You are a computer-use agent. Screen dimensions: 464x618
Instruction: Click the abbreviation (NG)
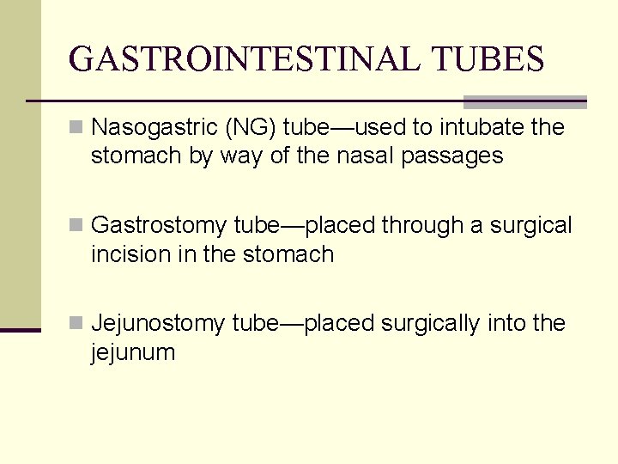click(250, 128)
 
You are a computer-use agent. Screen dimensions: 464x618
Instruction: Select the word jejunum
click(133, 352)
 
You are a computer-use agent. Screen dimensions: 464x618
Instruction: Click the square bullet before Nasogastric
click(76, 129)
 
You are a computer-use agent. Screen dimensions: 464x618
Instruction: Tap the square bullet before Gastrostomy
click(76, 227)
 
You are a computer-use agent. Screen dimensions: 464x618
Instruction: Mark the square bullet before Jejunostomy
click(76, 325)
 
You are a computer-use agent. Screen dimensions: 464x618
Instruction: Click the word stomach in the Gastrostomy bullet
click(288, 254)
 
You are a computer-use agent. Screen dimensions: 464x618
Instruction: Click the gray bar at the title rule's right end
click(524, 101)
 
